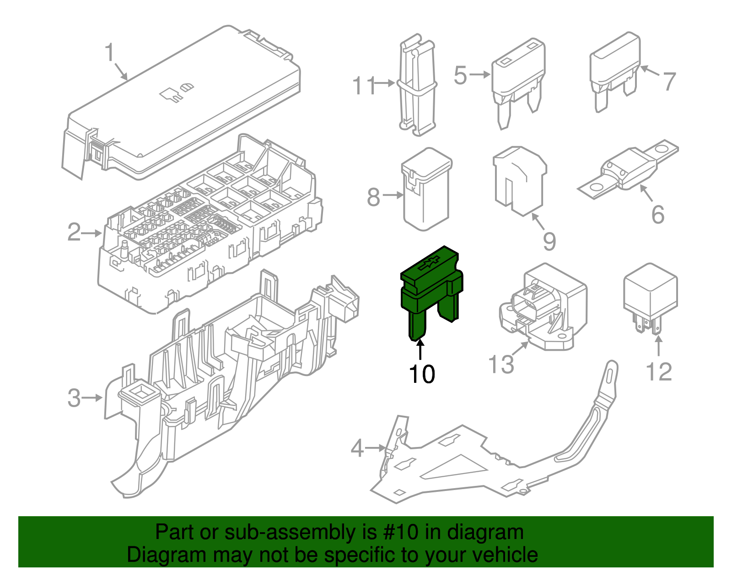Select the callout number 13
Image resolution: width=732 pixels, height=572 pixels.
(501, 365)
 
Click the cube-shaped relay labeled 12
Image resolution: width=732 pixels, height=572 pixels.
(650, 293)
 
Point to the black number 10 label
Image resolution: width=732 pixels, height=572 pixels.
(422, 375)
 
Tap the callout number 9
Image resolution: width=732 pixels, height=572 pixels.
(549, 241)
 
